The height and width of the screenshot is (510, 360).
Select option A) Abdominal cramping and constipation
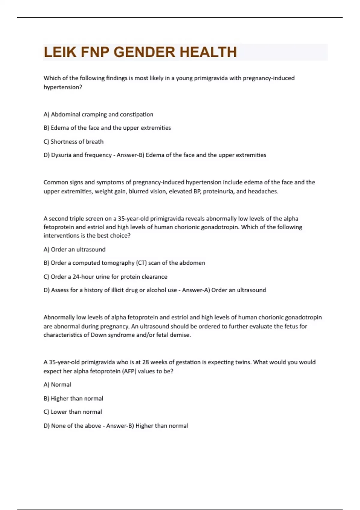(x=98, y=114)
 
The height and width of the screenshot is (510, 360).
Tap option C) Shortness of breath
(x=73, y=142)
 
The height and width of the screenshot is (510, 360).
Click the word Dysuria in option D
(x=61, y=155)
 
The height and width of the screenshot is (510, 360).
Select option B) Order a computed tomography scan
(x=124, y=263)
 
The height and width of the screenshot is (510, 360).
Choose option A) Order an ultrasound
(x=74, y=249)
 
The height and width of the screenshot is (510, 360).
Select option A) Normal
(x=57, y=385)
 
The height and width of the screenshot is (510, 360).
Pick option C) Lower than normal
(x=73, y=412)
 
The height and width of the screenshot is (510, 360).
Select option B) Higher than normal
(x=73, y=398)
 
